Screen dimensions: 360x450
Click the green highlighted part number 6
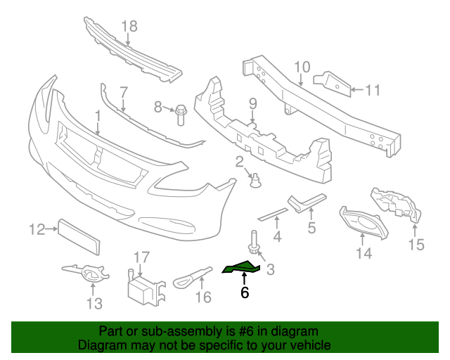tap(241, 266)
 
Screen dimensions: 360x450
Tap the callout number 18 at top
tap(129, 27)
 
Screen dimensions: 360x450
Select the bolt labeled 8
tap(180, 112)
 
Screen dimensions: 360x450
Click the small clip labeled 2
tap(256, 182)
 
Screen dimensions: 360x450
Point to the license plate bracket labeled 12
tap(79, 236)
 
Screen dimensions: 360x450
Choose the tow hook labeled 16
tap(191, 276)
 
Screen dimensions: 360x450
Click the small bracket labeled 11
tap(333, 83)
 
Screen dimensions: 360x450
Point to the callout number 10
tap(302, 67)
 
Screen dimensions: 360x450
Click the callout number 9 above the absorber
tap(253, 105)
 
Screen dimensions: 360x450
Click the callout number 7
tap(124, 91)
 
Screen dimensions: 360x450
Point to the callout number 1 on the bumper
tap(98, 115)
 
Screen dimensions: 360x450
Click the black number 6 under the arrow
tap(244, 293)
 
